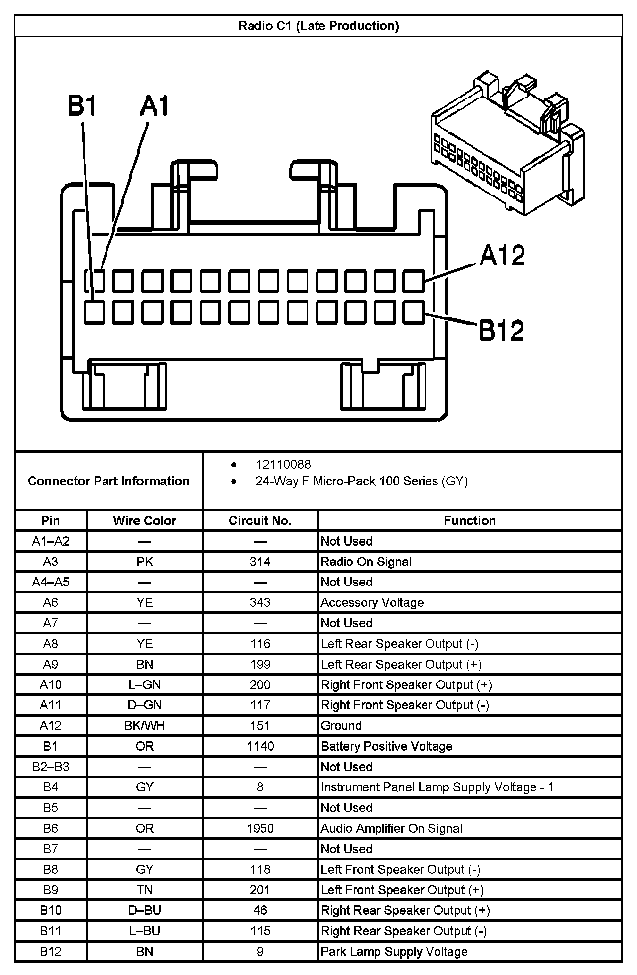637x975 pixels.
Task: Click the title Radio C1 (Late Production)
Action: [318, 26]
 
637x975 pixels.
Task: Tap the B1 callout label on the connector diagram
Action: [82, 106]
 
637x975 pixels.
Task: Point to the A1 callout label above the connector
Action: [155, 106]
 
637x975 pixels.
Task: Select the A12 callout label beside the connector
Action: [502, 255]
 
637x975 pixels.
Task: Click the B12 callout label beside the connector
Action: [501, 330]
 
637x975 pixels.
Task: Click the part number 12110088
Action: [283, 464]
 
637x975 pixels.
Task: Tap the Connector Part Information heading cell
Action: [108, 481]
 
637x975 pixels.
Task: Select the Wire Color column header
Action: [144, 520]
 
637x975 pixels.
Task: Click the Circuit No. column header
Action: [260, 520]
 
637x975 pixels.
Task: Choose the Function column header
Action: [469, 520]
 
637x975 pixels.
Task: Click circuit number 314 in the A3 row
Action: [260, 562]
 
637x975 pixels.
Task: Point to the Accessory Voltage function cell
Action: [372, 602]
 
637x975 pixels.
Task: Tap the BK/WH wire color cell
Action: [144, 725]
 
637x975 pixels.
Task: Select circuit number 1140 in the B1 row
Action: [260, 746]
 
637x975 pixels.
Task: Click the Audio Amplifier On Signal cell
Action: [392, 828]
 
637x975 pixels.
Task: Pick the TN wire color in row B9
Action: [144, 890]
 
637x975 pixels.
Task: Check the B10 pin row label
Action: [50, 910]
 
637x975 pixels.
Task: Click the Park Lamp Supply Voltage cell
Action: [394, 952]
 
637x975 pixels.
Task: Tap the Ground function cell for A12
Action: [341, 725]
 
